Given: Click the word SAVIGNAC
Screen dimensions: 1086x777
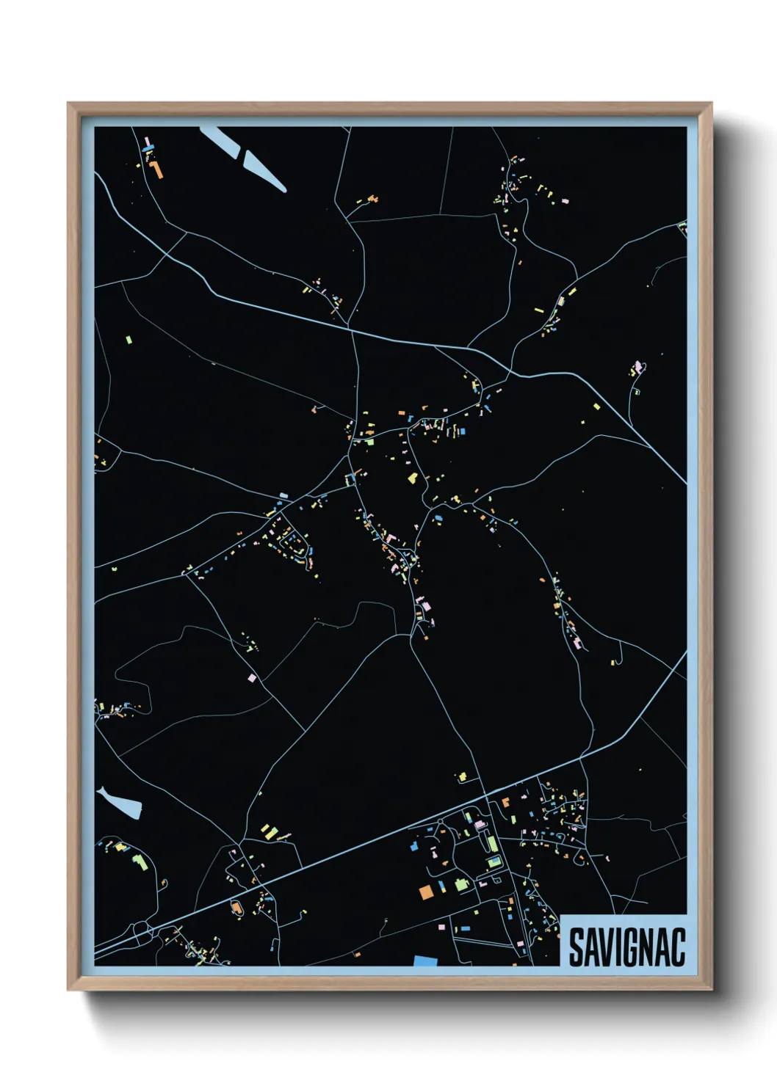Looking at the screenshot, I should point(626,947).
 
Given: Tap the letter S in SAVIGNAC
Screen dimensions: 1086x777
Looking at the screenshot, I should point(576,947).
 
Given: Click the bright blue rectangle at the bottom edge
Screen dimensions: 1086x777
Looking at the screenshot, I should point(424,961).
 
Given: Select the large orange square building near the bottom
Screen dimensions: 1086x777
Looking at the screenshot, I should point(426,892).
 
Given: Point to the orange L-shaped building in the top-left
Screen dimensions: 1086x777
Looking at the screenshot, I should point(156,170).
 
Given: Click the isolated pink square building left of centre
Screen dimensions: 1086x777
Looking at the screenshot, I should point(253,678).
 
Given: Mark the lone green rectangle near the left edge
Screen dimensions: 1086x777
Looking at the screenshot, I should point(129,340).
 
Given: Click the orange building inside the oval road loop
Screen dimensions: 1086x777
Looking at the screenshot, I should point(236,909).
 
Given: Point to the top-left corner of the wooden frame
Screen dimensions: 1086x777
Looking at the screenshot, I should point(68,103).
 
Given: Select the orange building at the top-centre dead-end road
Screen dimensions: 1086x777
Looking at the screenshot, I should point(372,198).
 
